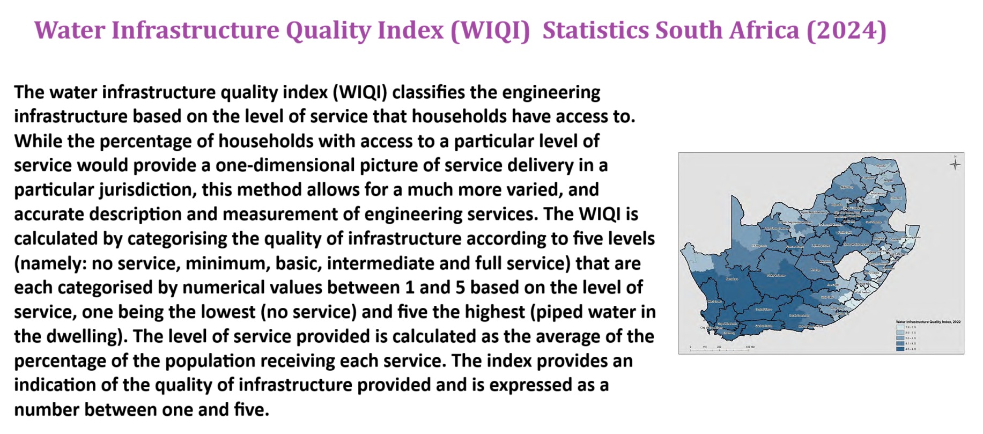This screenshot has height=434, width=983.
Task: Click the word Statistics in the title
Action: [x=594, y=30]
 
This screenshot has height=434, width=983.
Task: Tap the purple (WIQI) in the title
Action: [x=490, y=30]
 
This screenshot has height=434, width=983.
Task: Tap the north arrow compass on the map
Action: [x=955, y=164]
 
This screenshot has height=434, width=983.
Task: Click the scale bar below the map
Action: [x=719, y=350]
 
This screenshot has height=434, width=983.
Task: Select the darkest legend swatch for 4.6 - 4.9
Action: [x=900, y=349]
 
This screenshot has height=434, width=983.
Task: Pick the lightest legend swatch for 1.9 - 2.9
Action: [x=900, y=327]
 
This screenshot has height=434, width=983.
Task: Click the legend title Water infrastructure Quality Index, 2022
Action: [x=928, y=322]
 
